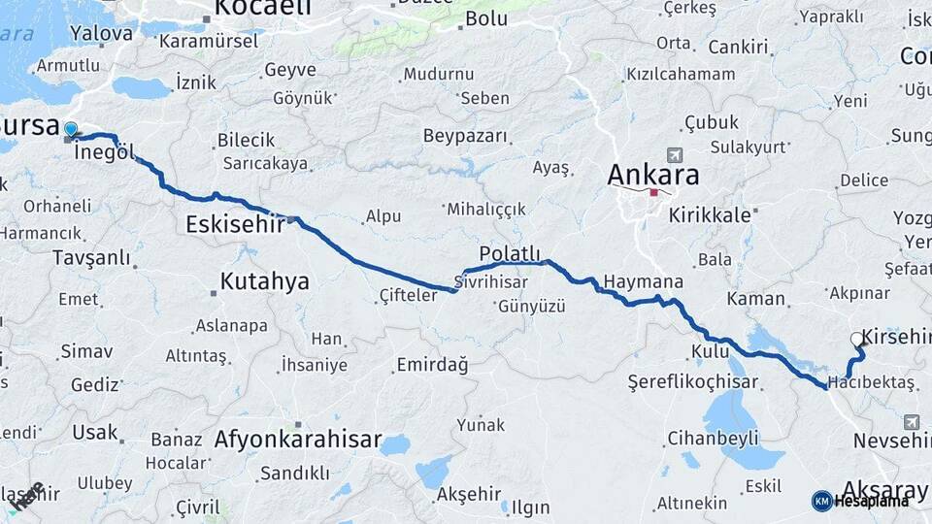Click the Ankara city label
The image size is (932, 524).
pos(652,175)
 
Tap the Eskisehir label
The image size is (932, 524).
pos(235,224)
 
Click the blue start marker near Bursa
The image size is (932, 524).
pos(71,129)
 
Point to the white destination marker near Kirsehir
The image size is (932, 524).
pos(856,340)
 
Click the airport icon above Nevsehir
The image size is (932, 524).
pos(911,422)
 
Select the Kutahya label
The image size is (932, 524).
pos(264,281)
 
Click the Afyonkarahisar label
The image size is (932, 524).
pos(298,439)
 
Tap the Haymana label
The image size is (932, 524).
pos(643,282)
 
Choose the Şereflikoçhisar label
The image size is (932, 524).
pos(692,381)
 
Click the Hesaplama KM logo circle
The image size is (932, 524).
pos(822,501)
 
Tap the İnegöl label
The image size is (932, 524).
pos(104,152)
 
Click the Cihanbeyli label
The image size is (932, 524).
pos(713,438)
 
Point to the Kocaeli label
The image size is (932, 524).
pos(262,9)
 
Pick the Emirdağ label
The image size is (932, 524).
pos(432,365)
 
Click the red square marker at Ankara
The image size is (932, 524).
pos(653,192)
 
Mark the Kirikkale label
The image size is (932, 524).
pos(710,215)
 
